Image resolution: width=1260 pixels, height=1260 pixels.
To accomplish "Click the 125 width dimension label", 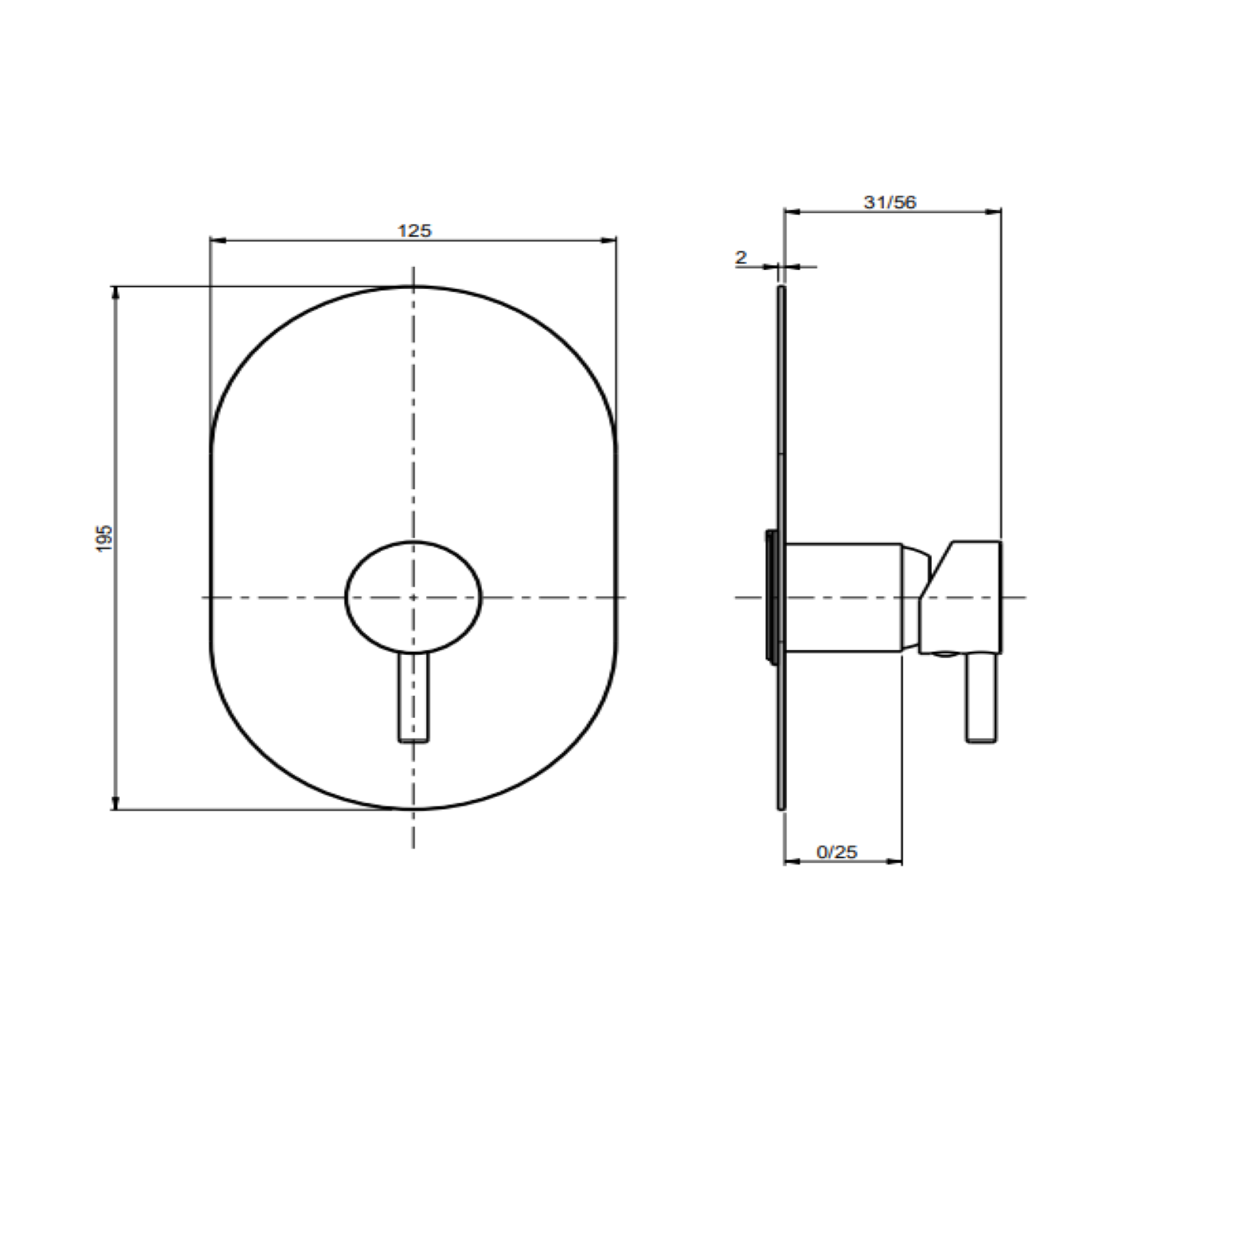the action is pyautogui.click(x=414, y=230).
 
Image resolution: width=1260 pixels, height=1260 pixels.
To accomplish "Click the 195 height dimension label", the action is pyautogui.click(x=105, y=537).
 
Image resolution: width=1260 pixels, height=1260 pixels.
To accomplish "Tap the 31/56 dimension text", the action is pyautogui.click(x=890, y=202).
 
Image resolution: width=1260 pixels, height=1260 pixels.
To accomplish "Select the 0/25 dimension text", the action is pyautogui.click(x=836, y=852).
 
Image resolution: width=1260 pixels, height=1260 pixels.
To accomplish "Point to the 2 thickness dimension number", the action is pyautogui.click(x=741, y=257).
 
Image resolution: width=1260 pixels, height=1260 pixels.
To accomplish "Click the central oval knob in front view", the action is pyautogui.click(x=414, y=597).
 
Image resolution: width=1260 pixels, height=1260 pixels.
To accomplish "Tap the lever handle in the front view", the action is pyautogui.click(x=414, y=697).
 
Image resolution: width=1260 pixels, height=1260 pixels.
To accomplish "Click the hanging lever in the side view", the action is pyautogui.click(x=981, y=697).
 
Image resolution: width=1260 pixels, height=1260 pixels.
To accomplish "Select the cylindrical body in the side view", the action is pyautogui.click(x=843, y=597).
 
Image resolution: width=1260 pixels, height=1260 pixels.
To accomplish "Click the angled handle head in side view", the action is pyautogui.click(x=962, y=597).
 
